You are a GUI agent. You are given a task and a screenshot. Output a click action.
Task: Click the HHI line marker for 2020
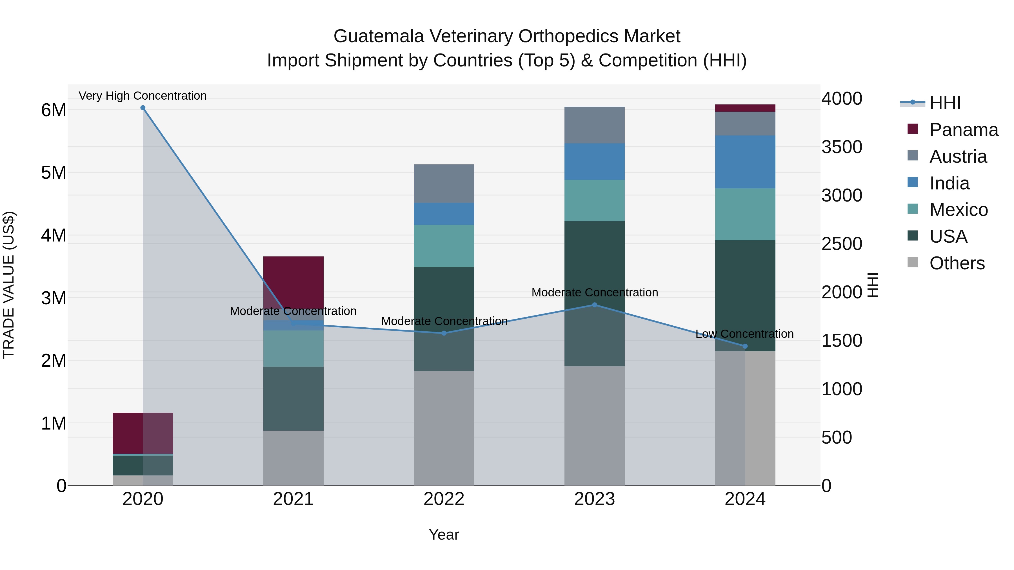tap(143, 108)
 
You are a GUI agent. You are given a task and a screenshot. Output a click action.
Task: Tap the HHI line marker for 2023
tap(594, 305)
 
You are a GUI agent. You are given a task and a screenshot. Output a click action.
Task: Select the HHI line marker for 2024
tap(745, 346)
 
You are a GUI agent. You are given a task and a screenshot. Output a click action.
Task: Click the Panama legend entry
tap(963, 130)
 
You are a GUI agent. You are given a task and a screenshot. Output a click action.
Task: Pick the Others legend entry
tap(957, 263)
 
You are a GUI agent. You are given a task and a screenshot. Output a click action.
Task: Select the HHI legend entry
tap(945, 103)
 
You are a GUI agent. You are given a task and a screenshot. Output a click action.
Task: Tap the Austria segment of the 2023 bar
tap(594, 125)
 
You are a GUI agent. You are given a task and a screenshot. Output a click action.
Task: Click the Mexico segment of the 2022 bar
tap(444, 246)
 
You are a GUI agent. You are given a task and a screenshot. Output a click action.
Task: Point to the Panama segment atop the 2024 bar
tap(745, 108)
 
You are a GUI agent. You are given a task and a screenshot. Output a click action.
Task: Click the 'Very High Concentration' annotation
tap(143, 96)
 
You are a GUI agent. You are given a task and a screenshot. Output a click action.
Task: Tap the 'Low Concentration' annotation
tap(744, 334)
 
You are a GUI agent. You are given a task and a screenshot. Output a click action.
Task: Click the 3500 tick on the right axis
tap(842, 147)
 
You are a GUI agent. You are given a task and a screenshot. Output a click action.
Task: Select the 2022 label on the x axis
tap(444, 499)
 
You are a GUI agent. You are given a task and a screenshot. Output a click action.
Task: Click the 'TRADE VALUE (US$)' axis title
tap(9, 285)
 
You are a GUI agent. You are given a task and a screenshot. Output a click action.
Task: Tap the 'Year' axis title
tap(444, 535)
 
